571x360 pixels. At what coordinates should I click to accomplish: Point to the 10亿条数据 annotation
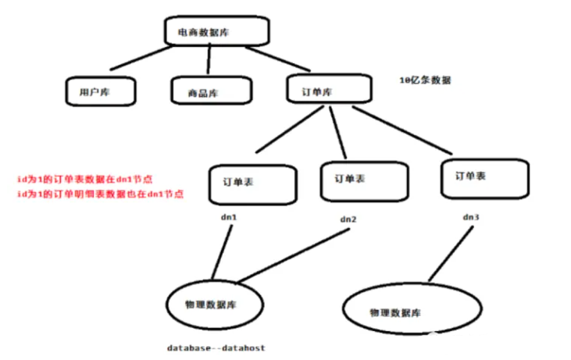point(424,80)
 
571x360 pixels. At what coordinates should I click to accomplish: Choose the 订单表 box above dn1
point(252,184)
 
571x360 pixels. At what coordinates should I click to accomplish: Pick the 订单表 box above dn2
point(361,180)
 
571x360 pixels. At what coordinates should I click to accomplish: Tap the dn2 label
point(348,219)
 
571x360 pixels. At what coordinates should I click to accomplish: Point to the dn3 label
point(470,216)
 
